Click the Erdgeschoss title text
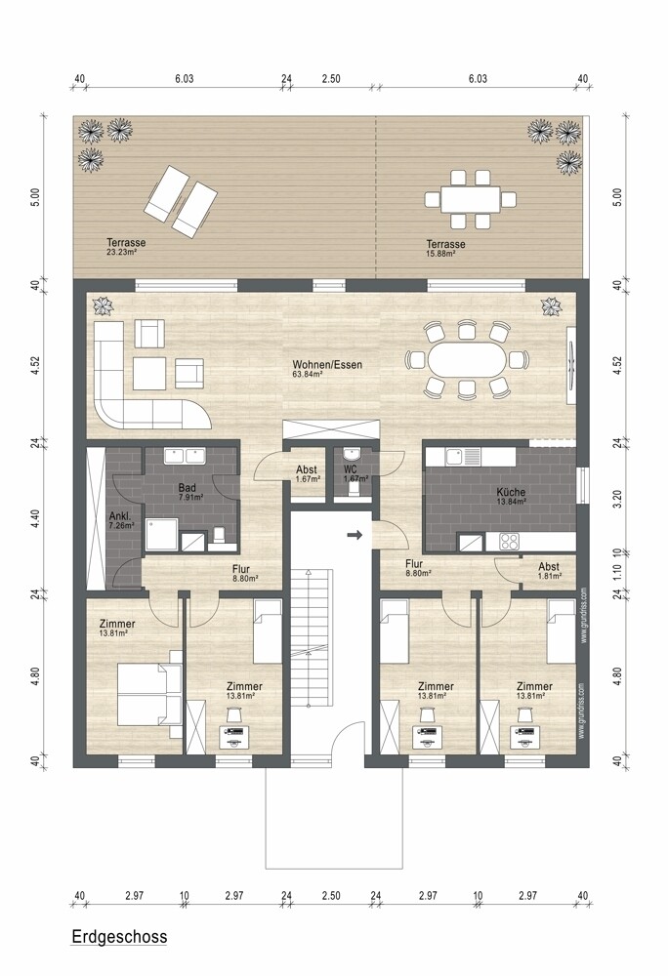(119, 937)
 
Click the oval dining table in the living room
(468, 358)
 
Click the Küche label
(511, 492)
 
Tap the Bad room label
(188, 487)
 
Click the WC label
(351, 469)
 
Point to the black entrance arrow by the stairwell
(355, 535)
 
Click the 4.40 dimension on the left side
(35, 518)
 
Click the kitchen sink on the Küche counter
(457, 455)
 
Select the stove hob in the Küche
(510, 540)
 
